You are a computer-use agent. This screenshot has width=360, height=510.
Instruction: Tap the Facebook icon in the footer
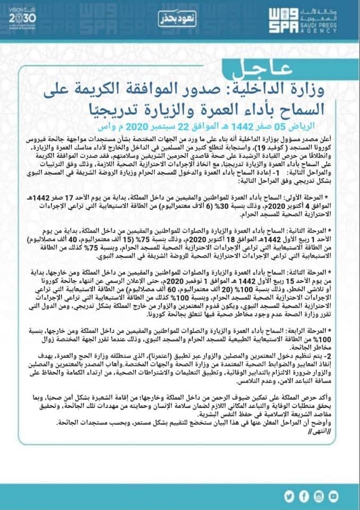pos(317,497)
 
